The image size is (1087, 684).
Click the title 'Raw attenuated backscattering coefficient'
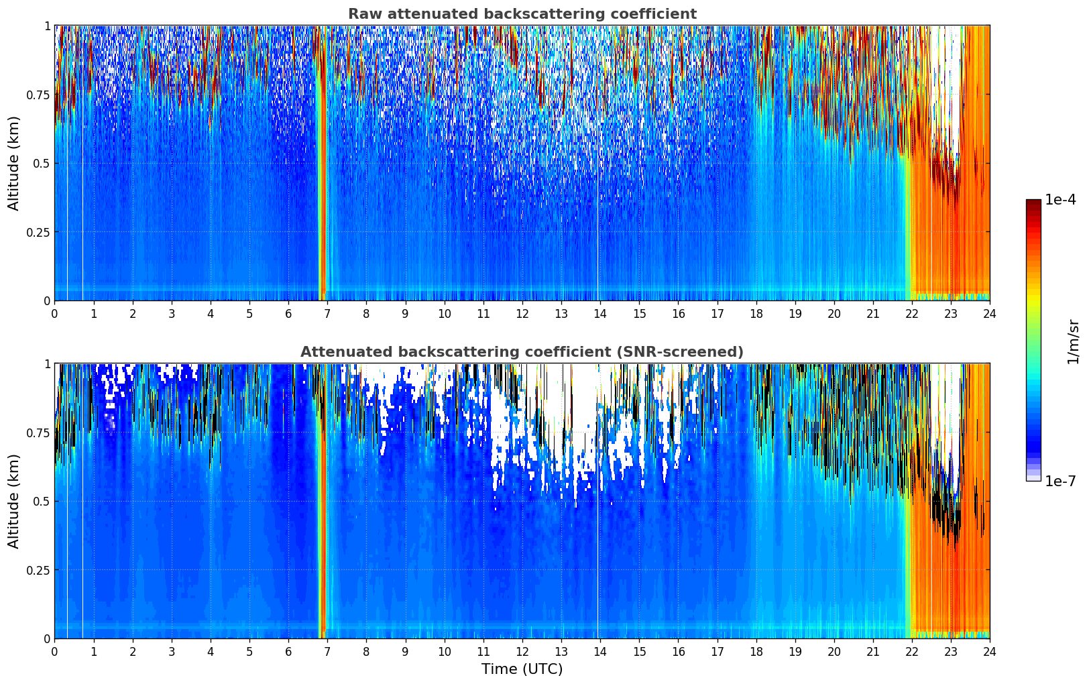point(522,14)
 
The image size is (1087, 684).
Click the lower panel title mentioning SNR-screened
point(522,352)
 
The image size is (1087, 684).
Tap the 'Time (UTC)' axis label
point(522,669)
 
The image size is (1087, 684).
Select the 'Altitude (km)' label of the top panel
point(14,163)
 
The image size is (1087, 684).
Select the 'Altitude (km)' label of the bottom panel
point(14,501)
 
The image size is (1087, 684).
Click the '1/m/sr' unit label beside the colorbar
point(1073,342)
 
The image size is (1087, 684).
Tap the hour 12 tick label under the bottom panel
point(522,652)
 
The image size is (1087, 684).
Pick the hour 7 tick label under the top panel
point(327,314)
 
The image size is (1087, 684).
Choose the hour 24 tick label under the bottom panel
point(989,652)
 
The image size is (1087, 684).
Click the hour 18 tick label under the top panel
point(756,314)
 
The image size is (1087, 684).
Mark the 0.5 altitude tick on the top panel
point(42,163)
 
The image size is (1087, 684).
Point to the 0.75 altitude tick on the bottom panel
point(38,433)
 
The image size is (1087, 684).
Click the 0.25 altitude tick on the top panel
point(38,232)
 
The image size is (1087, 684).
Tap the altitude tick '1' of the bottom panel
point(47,363)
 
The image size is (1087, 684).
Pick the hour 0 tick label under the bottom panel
point(54,652)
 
